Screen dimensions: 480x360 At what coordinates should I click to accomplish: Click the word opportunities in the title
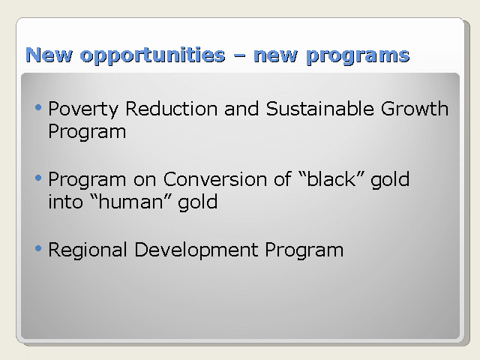pos(152,55)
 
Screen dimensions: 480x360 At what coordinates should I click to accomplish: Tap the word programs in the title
pos(358,56)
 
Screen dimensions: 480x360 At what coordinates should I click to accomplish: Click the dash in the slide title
pos(239,56)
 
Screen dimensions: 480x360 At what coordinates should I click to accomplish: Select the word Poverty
pos(83,109)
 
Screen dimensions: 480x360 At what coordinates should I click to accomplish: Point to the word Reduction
pos(172,109)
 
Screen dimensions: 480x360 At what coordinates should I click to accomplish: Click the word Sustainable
pos(319,109)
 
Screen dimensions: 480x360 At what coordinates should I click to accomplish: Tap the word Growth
pos(415,109)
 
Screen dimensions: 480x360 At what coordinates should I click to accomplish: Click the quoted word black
pos(331,179)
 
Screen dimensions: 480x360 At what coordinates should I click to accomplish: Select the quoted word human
pos(130,202)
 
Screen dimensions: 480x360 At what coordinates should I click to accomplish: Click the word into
pos(65,202)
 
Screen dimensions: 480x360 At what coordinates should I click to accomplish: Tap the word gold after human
pos(198,203)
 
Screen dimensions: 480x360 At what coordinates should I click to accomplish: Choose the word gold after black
pos(390,180)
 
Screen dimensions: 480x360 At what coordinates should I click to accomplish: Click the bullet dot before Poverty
pos(38,107)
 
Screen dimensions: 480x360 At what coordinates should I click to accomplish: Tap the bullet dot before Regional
pos(38,248)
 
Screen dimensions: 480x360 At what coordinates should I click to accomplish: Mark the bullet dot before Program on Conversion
pos(38,178)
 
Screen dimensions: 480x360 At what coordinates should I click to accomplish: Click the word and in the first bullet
pos(241,109)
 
